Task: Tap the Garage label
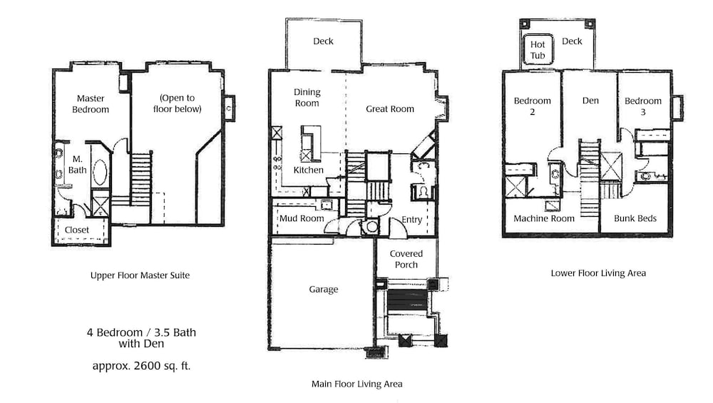click(323, 290)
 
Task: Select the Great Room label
click(390, 108)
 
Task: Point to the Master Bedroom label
click(91, 103)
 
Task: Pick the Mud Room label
click(302, 218)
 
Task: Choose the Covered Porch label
click(406, 259)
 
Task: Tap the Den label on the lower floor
click(590, 101)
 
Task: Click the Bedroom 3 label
click(642, 106)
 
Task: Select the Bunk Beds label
click(635, 218)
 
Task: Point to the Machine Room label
click(544, 218)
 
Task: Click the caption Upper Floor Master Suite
click(140, 275)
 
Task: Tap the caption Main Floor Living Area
click(357, 384)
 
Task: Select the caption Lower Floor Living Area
click(598, 273)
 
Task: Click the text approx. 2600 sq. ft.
click(141, 366)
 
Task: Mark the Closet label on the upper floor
click(77, 230)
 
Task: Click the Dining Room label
click(307, 97)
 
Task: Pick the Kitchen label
click(308, 170)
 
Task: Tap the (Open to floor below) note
click(178, 103)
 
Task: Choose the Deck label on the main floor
click(323, 41)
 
